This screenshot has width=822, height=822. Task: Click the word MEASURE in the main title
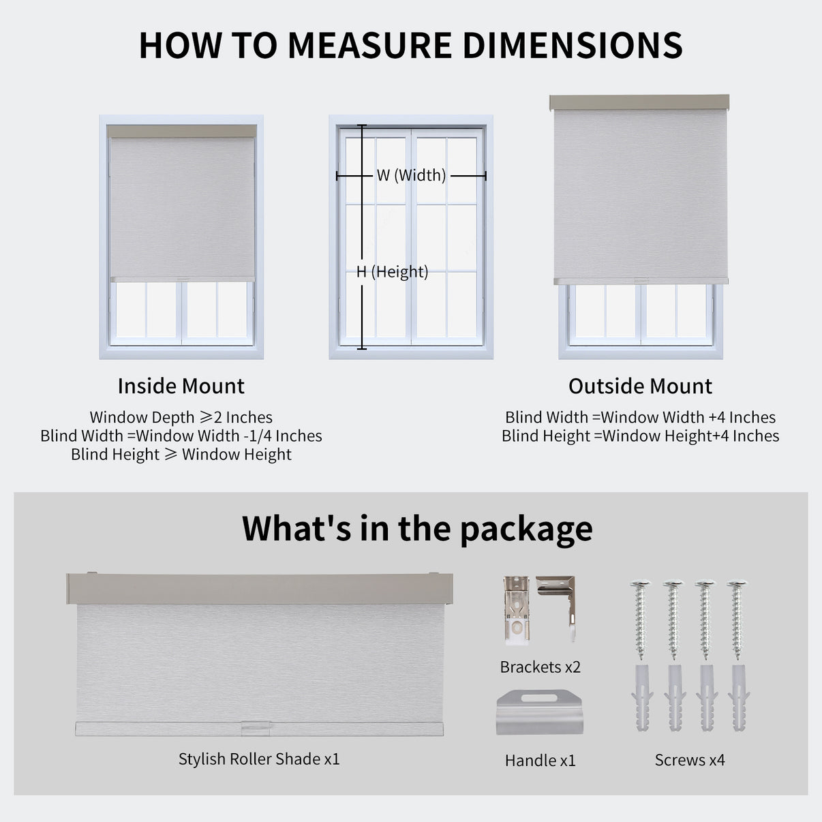coord(370,45)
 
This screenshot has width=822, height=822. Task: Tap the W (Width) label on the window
coord(411,175)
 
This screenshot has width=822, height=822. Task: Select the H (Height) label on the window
coord(393,272)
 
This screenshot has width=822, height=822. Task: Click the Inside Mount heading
coord(181,386)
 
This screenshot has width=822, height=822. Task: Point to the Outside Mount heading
coord(640,386)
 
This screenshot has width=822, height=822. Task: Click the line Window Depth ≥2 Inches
coord(181,417)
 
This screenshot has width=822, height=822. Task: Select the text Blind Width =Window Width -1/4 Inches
coord(181,436)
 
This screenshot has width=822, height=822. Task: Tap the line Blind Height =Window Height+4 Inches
coord(640,436)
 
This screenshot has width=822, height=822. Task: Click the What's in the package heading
coord(417,530)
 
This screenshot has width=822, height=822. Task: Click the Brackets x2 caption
coord(541,667)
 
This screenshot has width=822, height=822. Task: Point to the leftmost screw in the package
coord(640,620)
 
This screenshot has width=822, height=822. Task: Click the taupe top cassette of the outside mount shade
coord(639,102)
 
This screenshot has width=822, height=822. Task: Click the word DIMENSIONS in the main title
coord(573,45)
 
